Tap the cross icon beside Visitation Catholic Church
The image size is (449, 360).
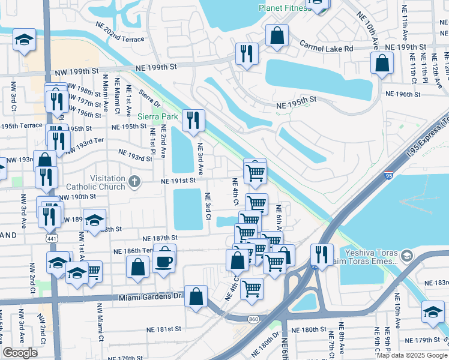(134, 180)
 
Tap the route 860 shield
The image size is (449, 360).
(255, 319)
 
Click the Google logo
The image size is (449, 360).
(20, 353)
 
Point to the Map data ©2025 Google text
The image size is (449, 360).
(412, 355)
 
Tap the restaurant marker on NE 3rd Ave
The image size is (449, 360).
(193, 121)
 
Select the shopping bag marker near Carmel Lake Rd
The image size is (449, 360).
(277, 35)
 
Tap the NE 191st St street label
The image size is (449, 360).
(178, 181)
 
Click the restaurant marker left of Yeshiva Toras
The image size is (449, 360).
(322, 254)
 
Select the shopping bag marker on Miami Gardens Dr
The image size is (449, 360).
(196, 296)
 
